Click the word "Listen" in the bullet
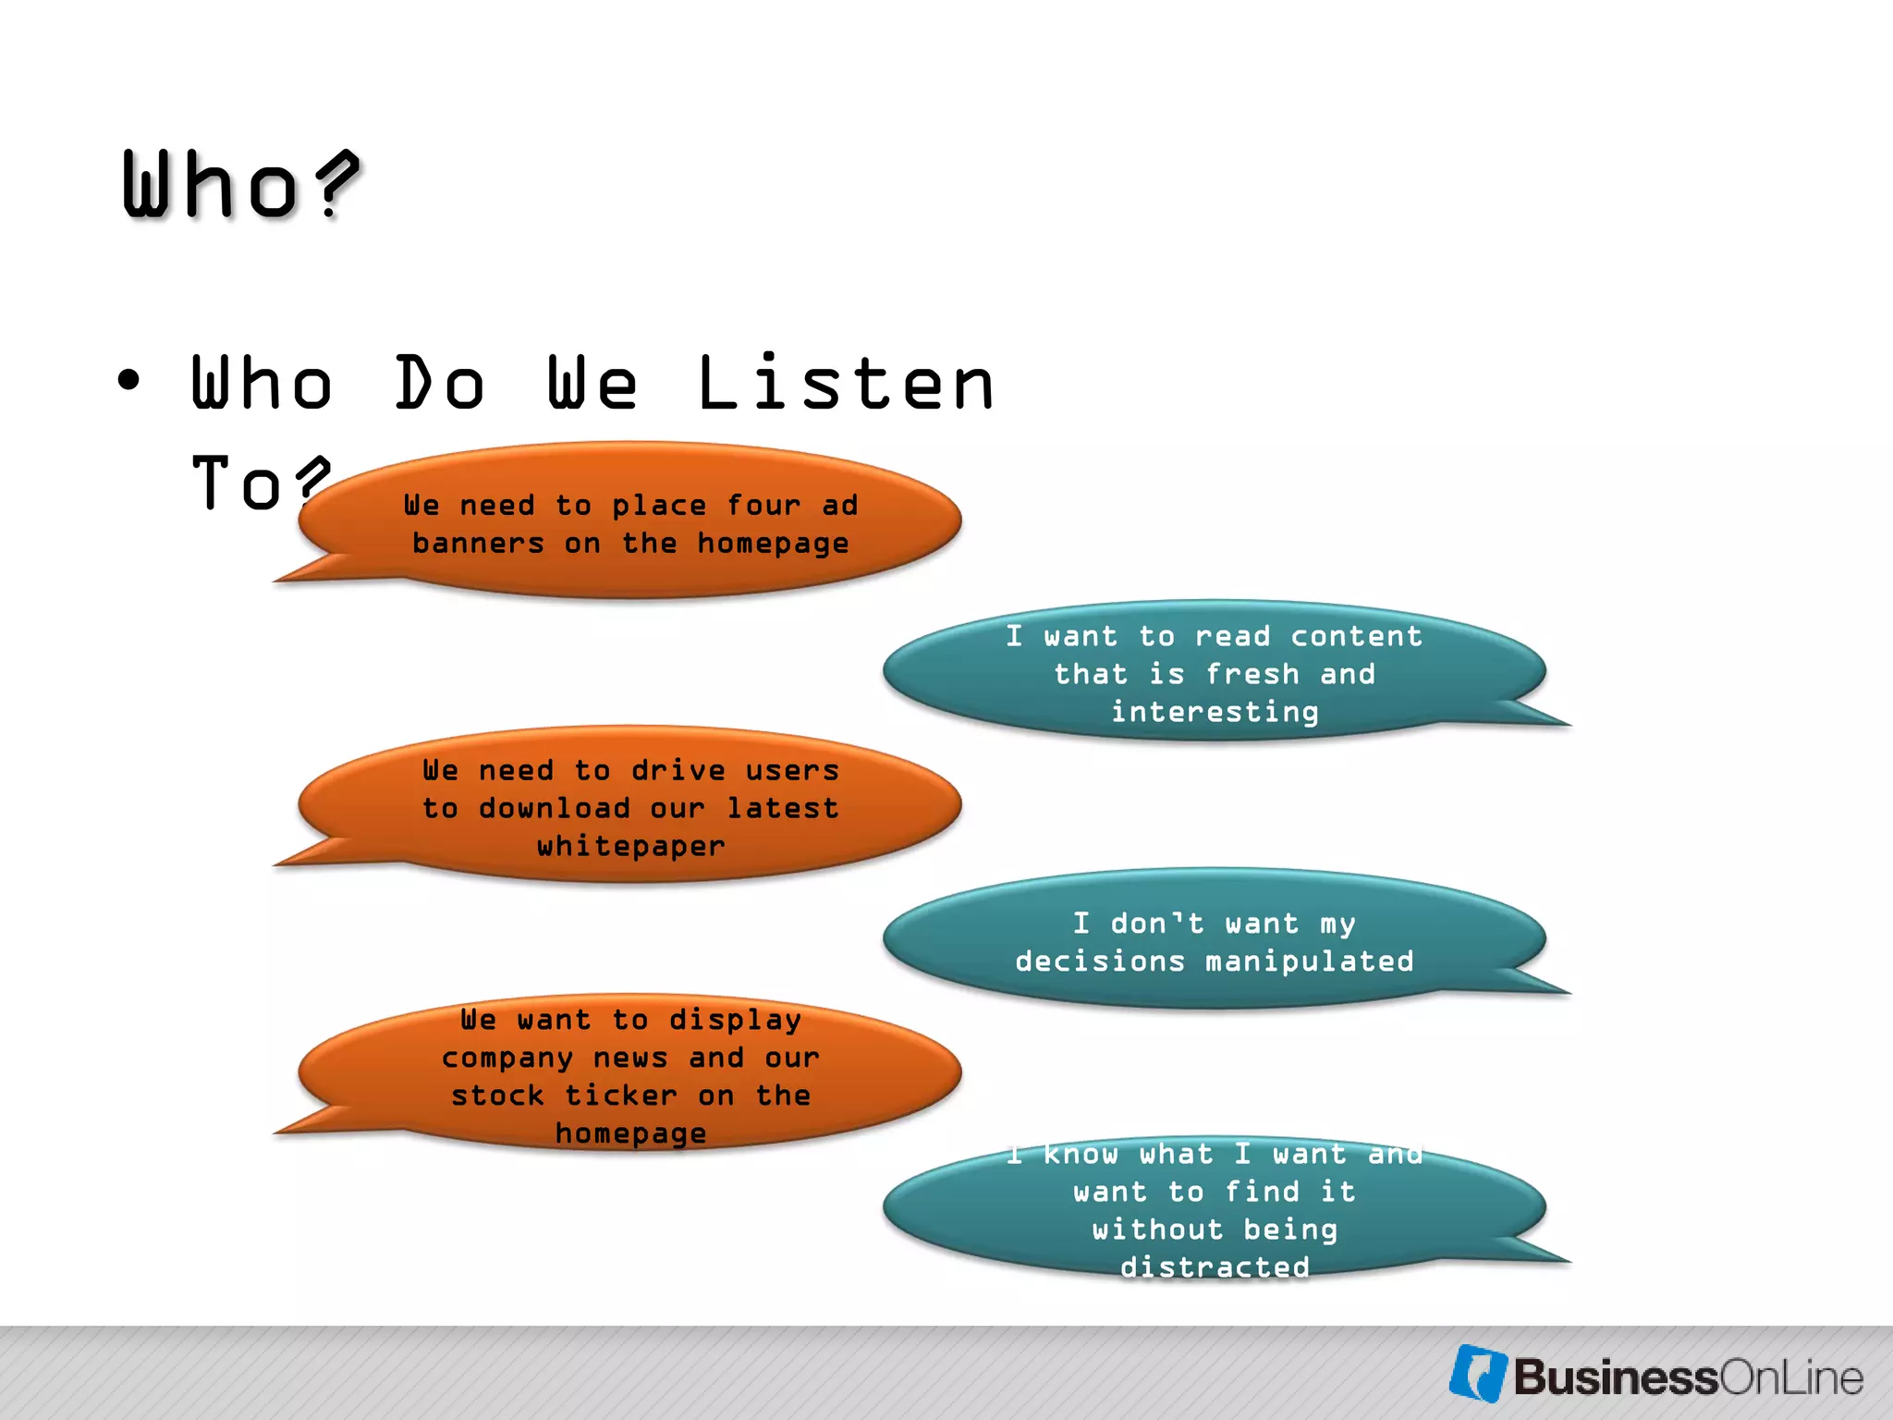click(x=845, y=384)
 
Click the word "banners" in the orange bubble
click(x=478, y=544)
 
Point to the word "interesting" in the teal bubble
click(x=1215, y=712)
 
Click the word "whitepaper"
click(x=631, y=846)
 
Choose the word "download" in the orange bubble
click(x=554, y=808)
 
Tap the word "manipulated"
click(x=1310, y=961)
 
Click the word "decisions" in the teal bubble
click(x=1100, y=961)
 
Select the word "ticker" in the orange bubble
click(x=620, y=1096)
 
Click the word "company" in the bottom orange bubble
click(x=507, y=1058)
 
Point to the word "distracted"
click(x=1215, y=1267)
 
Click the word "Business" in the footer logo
click(x=1615, y=1377)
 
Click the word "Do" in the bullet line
click(x=440, y=384)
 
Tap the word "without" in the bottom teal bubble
click(x=1157, y=1230)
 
